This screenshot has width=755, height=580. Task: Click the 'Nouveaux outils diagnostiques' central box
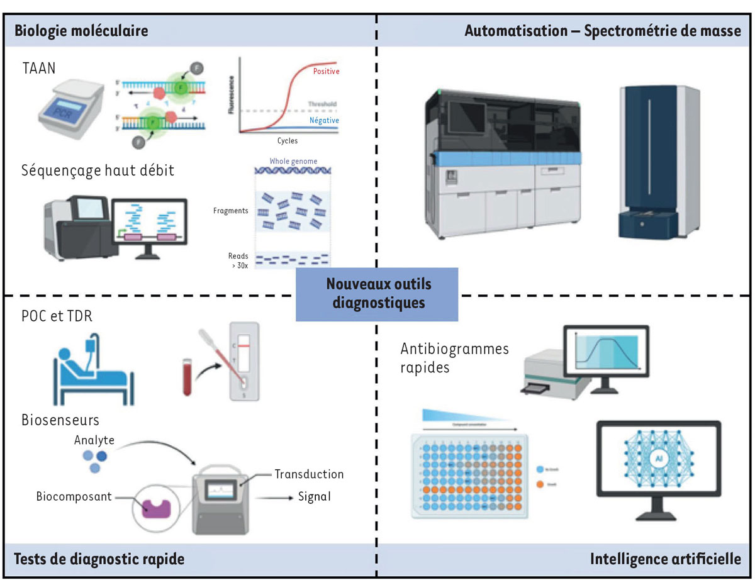click(x=377, y=294)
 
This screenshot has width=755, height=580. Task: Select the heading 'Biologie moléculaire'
click(x=81, y=31)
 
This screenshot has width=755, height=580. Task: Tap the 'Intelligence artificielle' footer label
click(x=666, y=559)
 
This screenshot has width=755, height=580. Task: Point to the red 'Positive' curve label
click(x=326, y=72)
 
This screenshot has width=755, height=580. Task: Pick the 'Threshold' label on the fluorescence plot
click(x=322, y=104)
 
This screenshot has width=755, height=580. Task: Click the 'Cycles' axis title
click(x=288, y=141)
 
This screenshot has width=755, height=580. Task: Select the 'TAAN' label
click(x=38, y=68)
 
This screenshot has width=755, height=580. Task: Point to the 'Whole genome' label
click(x=293, y=162)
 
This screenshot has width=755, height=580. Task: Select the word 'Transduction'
click(x=310, y=474)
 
